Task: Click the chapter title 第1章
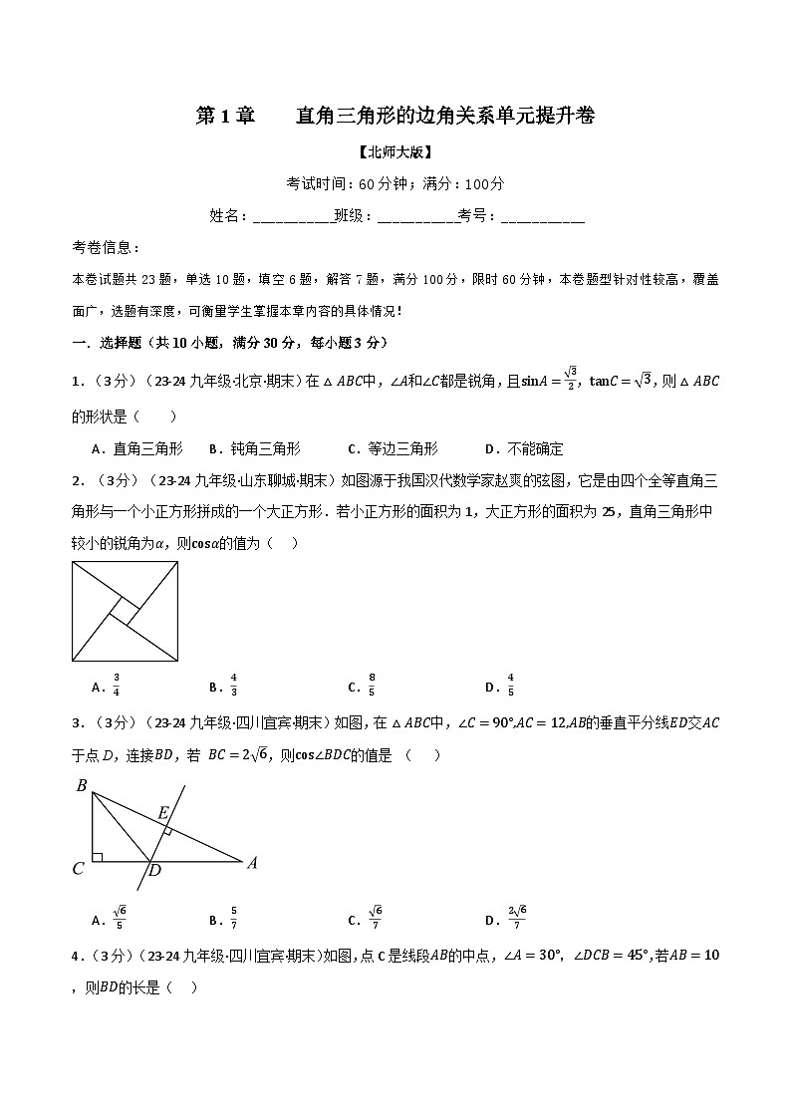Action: coord(226,117)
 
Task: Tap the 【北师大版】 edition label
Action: coord(395,152)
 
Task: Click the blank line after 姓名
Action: coord(293,216)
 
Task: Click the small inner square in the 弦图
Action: coord(125,611)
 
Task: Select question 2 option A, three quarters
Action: coord(107,686)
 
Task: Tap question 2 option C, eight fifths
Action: coord(362,686)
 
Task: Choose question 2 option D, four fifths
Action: coord(500,686)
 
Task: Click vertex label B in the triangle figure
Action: coord(82,786)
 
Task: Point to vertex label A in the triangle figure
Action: coord(252,863)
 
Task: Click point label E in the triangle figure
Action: coord(163,813)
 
